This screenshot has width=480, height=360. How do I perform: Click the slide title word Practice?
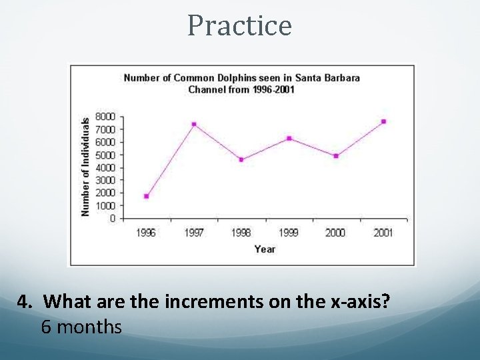pos(239,26)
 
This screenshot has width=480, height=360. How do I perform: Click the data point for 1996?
pos(146,196)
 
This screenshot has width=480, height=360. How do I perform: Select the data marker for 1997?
pos(193,124)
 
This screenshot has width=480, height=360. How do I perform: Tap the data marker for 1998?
pos(241,159)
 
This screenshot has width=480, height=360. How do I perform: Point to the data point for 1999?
pos(289,138)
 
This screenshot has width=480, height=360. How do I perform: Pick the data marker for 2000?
pos(336,156)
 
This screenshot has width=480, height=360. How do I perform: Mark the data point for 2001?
pos(383,121)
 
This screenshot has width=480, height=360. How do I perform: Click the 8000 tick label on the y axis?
pos(105,117)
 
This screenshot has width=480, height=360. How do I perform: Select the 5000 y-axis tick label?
pos(105,155)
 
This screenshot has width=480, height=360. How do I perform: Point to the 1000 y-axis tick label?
pos(105,205)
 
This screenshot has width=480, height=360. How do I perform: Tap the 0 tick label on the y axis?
pos(112,218)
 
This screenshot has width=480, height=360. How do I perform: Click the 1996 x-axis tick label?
pos(146,233)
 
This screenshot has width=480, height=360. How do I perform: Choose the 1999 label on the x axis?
pos(289,233)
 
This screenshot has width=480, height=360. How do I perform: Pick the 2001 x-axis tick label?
pos(383,233)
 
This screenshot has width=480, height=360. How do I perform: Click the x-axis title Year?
pos(265,249)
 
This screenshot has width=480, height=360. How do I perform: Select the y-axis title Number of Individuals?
pos(85,167)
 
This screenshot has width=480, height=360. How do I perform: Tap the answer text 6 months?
pos(81,327)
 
